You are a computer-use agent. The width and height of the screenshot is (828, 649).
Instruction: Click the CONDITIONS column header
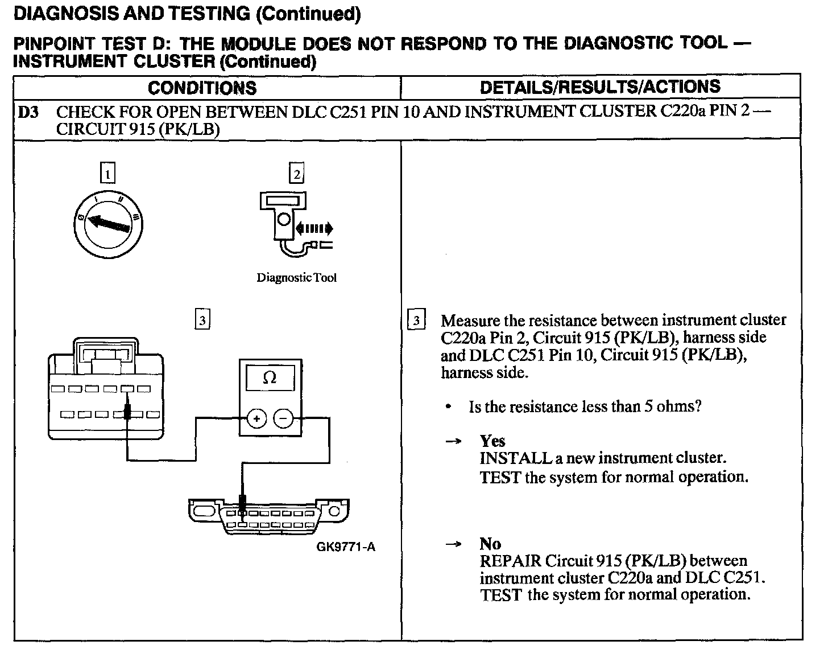(x=202, y=88)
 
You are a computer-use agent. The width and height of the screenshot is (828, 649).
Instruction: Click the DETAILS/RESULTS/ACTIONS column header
(x=600, y=87)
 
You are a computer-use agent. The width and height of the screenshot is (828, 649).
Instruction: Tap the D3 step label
(x=28, y=112)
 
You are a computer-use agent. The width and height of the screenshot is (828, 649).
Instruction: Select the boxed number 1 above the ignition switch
(x=107, y=173)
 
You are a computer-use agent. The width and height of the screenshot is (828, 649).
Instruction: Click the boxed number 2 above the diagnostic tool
(x=296, y=173)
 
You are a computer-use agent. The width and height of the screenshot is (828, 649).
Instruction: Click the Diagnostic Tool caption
(x=296, y=278)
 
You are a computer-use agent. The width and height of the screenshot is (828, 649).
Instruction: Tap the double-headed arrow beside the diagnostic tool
(x=313, y=229)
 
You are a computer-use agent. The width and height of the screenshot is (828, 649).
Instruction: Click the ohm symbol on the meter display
(x=270, y=378)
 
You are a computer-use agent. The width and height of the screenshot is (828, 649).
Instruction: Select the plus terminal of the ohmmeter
(x=256, y=420)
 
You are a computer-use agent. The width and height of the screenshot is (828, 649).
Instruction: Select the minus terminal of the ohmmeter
(x=284, y=420)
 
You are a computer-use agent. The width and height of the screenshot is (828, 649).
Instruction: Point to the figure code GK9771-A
(x=346, y=547)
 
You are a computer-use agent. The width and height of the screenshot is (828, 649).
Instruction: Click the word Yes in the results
(x=492, y=441)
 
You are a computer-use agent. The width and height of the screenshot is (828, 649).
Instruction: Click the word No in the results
(x=490, y=544)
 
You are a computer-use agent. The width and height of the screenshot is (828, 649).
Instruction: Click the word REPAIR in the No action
(x=510, y=561)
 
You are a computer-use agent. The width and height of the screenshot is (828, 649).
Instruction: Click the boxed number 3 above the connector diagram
(x=202, y=319)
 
